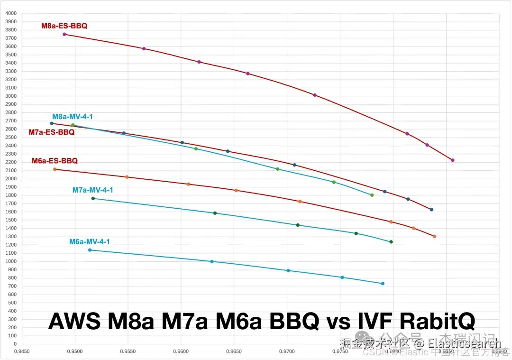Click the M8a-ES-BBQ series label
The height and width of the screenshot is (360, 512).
64,26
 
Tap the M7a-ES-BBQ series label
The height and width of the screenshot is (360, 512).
52,132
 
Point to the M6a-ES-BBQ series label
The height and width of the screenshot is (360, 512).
55,161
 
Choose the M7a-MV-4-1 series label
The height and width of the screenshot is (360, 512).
92,190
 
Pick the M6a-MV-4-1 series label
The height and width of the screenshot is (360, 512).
90,242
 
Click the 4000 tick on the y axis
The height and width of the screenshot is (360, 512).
10,13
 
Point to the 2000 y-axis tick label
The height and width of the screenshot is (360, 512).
10,179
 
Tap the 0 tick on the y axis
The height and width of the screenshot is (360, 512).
15,344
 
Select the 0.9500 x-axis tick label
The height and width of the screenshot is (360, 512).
75,352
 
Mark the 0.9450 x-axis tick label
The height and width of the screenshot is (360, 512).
22,352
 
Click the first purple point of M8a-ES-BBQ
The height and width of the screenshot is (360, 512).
64,34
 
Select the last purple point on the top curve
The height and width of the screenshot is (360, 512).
453,160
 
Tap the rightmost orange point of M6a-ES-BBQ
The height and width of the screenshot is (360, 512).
434,236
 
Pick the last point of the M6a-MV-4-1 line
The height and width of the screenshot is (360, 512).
383,284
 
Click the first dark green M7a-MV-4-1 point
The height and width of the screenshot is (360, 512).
93,198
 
